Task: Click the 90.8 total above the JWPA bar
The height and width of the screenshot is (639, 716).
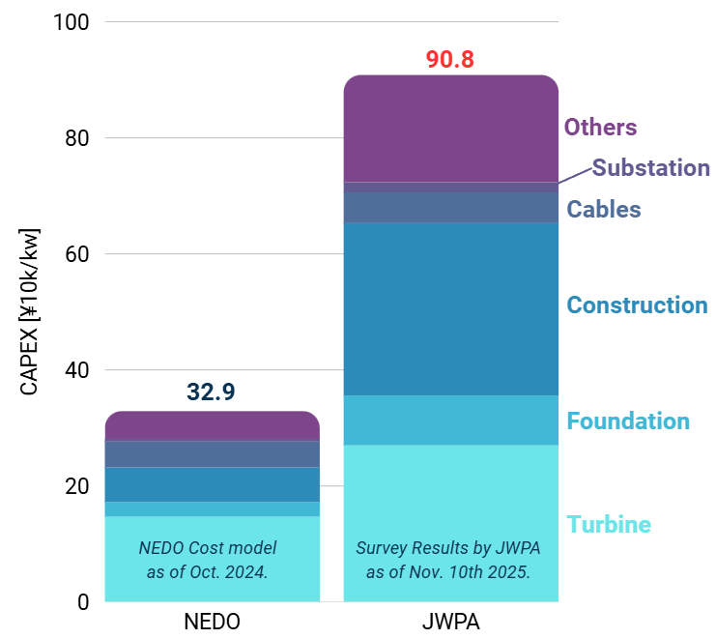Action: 450,59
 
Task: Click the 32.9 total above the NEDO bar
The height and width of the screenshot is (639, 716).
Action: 212,392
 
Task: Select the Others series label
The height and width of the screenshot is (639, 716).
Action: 600,127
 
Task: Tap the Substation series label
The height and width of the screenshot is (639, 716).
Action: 650,167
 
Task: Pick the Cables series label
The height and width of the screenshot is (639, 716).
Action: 603,209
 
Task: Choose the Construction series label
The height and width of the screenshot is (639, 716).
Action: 637,305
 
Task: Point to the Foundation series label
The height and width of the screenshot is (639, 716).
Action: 627,421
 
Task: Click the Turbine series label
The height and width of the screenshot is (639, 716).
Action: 608,524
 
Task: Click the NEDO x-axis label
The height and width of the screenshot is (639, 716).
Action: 212,622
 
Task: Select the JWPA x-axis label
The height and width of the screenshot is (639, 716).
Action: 450,622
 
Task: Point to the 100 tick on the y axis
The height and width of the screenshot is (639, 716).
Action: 71,22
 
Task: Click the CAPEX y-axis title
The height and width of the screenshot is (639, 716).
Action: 29,311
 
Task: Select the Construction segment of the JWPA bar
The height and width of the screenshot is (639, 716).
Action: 450,308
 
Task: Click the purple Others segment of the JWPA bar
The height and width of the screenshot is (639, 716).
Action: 450,129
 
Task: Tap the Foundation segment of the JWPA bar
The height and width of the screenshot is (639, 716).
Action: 450,420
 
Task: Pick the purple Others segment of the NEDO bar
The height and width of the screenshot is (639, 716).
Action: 212,426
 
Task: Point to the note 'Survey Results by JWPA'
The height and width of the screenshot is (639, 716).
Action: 448,548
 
